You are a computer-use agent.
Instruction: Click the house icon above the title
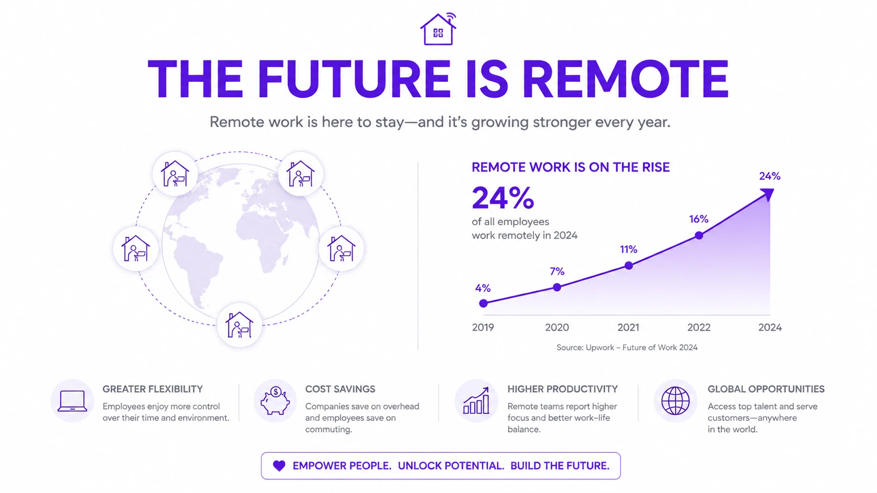438,29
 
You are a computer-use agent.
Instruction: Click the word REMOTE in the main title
625,79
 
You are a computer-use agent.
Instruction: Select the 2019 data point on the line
484,303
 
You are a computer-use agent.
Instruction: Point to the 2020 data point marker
557,287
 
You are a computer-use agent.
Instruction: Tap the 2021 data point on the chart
629,266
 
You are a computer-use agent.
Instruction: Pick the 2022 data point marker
699,235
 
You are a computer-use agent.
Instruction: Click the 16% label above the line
699,219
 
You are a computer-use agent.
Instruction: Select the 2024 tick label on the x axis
769,327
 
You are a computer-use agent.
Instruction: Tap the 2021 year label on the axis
628,327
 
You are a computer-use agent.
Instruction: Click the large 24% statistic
503,198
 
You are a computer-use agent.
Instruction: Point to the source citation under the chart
627,347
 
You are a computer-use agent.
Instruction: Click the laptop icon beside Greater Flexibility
72,401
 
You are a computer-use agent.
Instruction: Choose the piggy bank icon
275,400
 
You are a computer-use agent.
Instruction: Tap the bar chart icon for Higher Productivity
476,400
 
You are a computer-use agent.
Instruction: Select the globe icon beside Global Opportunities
676,401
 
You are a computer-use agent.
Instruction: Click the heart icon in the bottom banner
279,466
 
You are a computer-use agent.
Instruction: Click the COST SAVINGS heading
340,389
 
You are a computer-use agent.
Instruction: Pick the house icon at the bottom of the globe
239,324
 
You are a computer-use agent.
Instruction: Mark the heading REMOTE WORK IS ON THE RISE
571,167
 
